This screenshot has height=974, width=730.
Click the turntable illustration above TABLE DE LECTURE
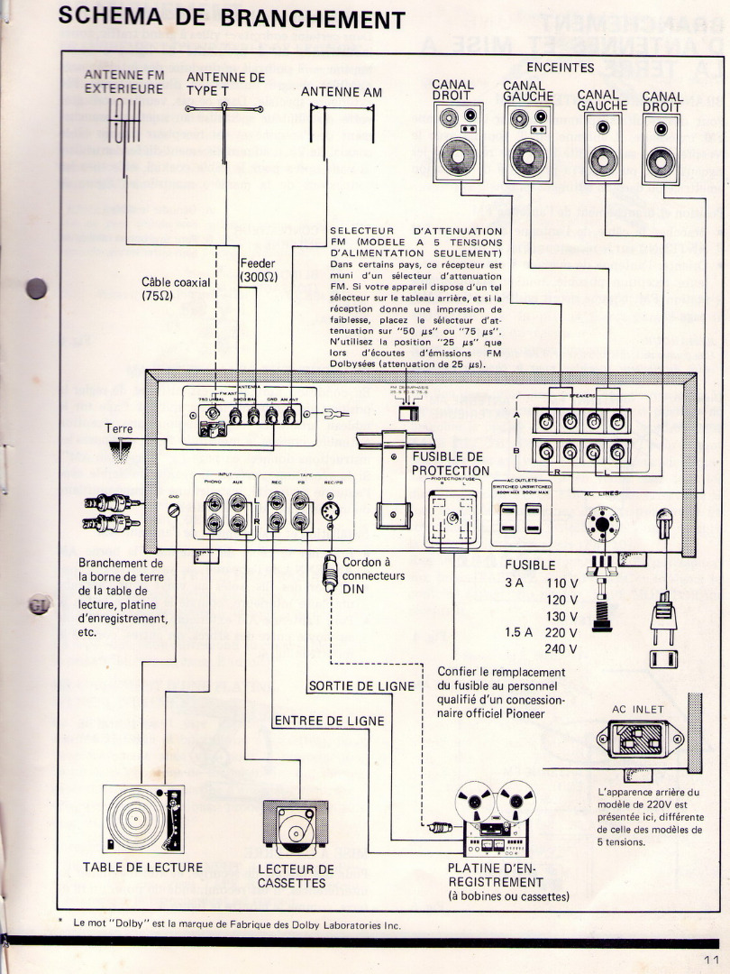pyautogui.click(x=142, y=818)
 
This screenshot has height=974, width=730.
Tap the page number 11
pyautogui.click(x=710, y=959)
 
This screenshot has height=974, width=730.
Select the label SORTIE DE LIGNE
pyautogui.click(x=361, y=686)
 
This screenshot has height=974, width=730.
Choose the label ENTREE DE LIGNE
pyautogui.click(x=329, y=721)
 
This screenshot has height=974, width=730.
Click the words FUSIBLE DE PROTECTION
pyautogui.click(x=451, y=464)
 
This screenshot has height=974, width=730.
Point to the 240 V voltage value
pyautogui.click(x=561, y=648)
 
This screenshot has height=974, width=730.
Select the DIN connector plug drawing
pyautogui.click(x=330, y=574)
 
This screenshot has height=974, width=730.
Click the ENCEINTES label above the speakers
pyautogui.click(x=560, y=67)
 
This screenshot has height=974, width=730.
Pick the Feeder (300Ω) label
pyautogui.click(x=258, y=271)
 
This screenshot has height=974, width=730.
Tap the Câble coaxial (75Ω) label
pyautogui.click(x=176, y=289)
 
